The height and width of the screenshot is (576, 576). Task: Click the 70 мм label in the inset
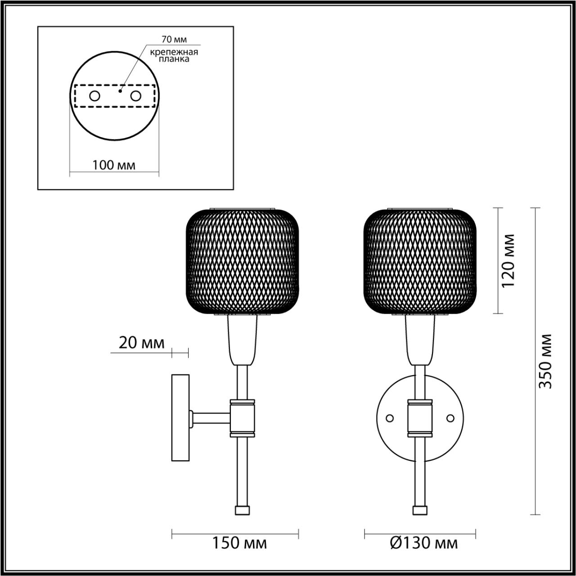(x=174, y=40)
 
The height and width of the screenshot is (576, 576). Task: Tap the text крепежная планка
(x=174, y=55)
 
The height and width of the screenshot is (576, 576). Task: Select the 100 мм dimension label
(x=114, y=165)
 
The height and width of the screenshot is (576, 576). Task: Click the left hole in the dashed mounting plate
(x=95, y=96)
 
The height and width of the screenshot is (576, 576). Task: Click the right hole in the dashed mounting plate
(x=135, y=96)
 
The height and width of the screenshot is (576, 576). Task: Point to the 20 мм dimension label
(x=141, y=343)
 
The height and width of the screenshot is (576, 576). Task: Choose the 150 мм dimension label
(x=239, y=543)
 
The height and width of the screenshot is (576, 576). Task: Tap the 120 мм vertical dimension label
(x=508, y=261)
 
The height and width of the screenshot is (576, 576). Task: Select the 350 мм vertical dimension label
(x=546, y=361)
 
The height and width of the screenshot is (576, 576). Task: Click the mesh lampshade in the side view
(x=243, y=261)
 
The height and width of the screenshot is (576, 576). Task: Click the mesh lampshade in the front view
(x=420, y=261)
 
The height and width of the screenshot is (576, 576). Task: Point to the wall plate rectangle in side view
(x=180, y=418)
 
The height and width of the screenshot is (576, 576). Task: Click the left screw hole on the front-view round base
(x=390, y=418)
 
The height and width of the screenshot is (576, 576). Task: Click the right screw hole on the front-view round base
(x=450, y=418)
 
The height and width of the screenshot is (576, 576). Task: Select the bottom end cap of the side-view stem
(x=242, y=510)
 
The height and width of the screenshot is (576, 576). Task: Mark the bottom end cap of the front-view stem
(x=420, y=510)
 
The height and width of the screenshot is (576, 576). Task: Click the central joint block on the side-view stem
(x=243, y=418)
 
